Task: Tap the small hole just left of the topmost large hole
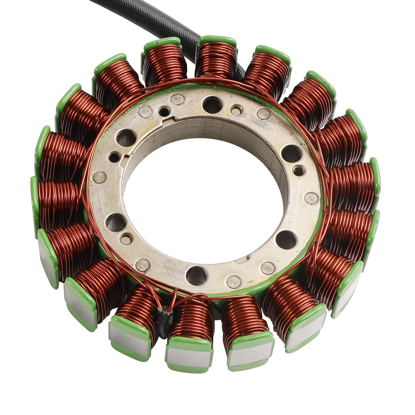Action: pos(164,112)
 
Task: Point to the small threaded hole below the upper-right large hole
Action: pos(299,170)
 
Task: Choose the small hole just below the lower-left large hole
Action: pos(126,239)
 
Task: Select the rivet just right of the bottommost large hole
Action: pos(234,282)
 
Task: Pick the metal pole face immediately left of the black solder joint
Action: pos(130,340)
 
